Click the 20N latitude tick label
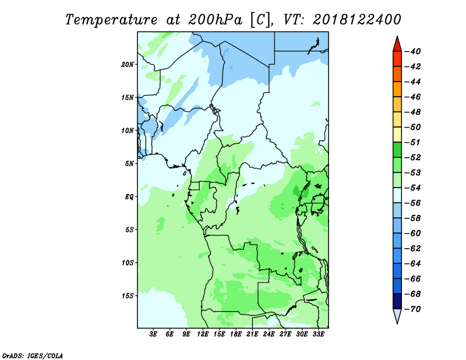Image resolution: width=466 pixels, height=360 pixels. coord(127,65)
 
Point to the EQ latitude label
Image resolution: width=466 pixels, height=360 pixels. coord(129,197)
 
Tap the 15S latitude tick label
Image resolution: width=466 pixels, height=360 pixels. coord(127,296)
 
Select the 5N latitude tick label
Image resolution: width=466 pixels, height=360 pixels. coord(129,164)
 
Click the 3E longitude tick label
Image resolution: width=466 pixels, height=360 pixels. coord(153,334)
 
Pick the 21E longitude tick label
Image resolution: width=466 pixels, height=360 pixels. coord(252,334)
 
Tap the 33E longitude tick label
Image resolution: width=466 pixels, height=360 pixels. coord(318,334)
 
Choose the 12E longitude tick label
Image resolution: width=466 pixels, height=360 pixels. coord(203,334)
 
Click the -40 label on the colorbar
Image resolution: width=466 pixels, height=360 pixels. coord(413,51)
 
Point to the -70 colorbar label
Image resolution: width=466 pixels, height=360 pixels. coord(413,309)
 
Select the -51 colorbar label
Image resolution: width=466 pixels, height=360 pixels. coord(413,142)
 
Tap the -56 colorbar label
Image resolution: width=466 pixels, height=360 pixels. coord(413,203)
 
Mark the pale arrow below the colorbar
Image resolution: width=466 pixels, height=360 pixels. coord(397,315)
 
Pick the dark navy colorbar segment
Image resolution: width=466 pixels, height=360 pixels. coord(397,301)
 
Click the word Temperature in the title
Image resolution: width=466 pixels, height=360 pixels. coord(111,20)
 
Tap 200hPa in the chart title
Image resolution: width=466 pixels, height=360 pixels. coord(215,20)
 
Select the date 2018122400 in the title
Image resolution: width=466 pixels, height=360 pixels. coord(357,20)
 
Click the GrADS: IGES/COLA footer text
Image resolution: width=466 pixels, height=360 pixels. coord(33,356)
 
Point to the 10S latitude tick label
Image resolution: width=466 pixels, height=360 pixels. coord(127,263)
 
